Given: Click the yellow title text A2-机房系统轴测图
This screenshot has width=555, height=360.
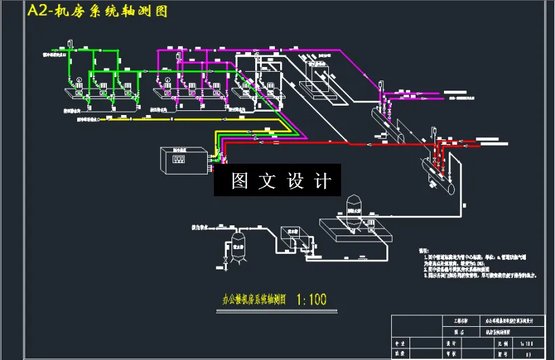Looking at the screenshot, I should coord(96,12).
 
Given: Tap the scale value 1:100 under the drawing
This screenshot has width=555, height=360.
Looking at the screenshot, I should coord(312,298).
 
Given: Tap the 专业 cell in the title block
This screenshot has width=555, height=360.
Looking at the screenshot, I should coord(401,343).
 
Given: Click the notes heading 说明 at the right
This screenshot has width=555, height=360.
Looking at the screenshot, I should coord(425,250).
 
